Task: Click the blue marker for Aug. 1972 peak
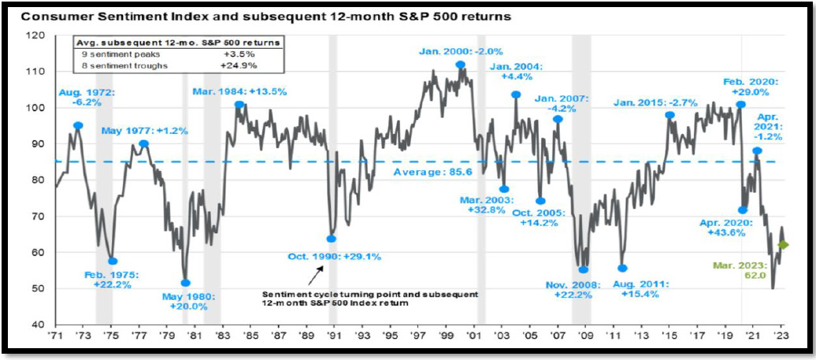pyautogui.click(x=78, y=125)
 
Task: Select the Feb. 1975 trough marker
pyautogui.click(x=113, y=261)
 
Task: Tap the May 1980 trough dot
pyautogui.click(x=186, y=283)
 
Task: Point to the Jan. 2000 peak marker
pyautogui.click(x=460, y=65)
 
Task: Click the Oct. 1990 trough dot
pyautogui.click(x=332, y=239)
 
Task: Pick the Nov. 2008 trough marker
pyautogui.click(x=584, y=269)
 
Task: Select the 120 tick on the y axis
pyautogui.click(x=36, y=35)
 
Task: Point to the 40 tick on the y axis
pyautogui.click(x=38, y=325)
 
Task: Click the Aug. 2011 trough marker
pyautogui.click(x=622, y=269)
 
